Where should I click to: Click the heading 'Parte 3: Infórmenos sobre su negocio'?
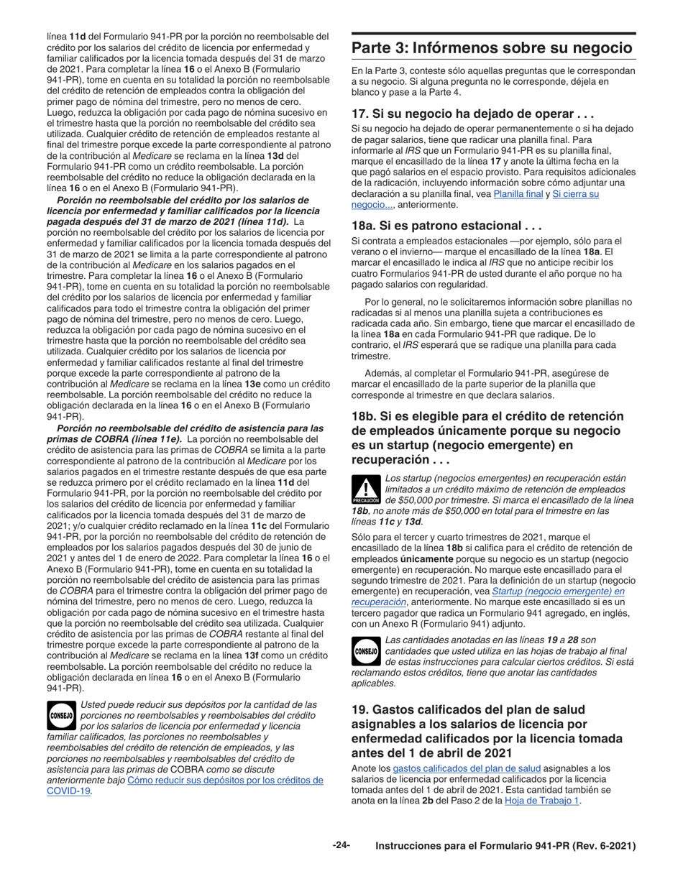point(492,48)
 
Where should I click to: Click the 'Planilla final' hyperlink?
point(517,194)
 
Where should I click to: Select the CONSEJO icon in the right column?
point(366,650)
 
